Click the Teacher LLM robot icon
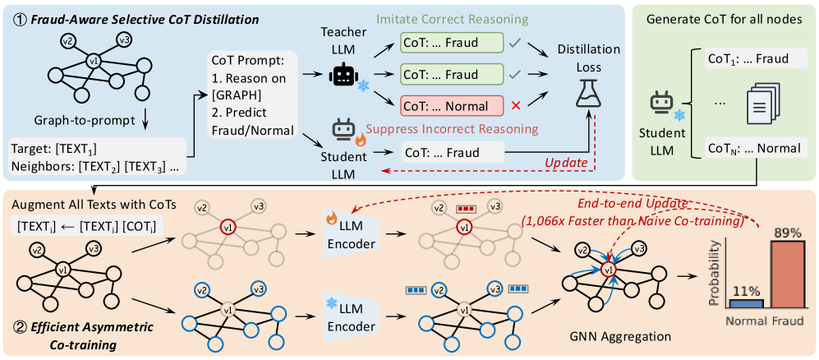342,75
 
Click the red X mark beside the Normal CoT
514,106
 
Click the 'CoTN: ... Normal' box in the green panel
751,150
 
